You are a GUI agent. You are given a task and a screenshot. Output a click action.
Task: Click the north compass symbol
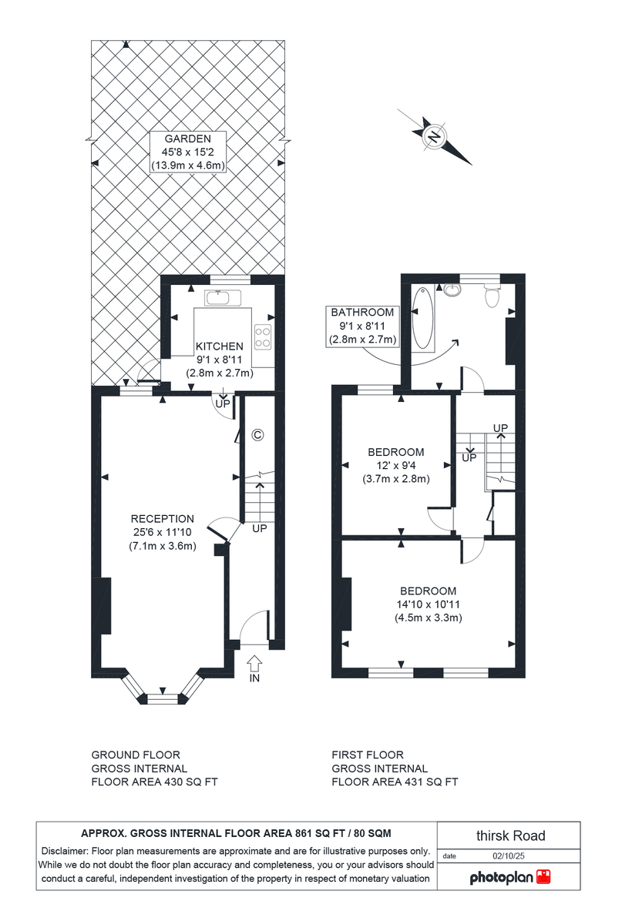434,137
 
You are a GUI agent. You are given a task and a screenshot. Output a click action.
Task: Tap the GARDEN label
187,139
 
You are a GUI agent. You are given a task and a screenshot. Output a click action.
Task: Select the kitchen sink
223,296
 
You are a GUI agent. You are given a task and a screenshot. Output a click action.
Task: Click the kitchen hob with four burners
263,336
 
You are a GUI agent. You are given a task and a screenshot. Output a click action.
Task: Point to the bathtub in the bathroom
424,320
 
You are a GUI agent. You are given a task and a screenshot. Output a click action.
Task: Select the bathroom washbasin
452,290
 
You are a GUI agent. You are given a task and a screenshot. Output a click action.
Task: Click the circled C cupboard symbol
257,435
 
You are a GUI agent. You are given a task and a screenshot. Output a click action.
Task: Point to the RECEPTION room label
162,518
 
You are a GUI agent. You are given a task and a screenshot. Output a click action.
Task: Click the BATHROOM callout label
362,313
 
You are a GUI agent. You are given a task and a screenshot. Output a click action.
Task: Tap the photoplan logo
509,877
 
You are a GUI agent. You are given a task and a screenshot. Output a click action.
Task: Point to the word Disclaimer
65,851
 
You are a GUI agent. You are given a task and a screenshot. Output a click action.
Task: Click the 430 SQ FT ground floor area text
184,782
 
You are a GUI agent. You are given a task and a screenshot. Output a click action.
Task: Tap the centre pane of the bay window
162,699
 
